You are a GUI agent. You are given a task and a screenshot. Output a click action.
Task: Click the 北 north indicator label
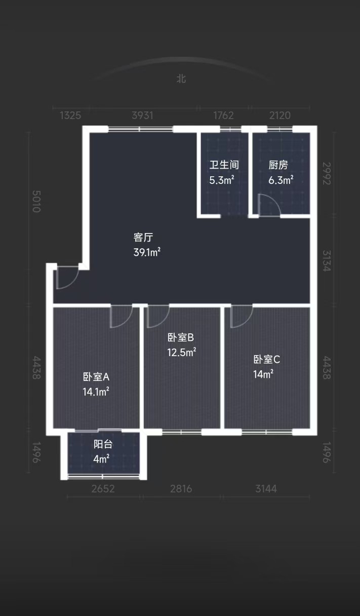tap(181, 79)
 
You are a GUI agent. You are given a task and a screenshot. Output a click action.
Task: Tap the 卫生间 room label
tap(224, 165)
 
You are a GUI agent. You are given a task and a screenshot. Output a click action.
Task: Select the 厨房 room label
tap(278, 165)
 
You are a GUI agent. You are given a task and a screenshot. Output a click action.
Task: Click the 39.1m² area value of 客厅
tap(147, 252)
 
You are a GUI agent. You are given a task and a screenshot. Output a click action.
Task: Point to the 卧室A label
tap(96, 377)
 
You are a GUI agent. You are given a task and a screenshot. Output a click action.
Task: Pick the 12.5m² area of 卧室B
tap(182, 352)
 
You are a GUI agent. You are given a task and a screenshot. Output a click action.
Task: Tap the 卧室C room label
tap(266, 360)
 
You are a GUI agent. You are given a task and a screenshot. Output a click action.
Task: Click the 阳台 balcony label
tap(103, 444)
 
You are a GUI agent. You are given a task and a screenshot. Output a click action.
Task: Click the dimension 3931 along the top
tap(142, 115)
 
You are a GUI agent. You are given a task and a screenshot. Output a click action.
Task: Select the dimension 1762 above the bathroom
tap(223, 115)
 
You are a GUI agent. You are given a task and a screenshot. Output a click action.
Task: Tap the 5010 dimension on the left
tap(36, 201)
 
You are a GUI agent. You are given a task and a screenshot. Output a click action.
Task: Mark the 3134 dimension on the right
tap(326, 261)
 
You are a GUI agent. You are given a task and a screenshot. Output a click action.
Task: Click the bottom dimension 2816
tap(181, 489)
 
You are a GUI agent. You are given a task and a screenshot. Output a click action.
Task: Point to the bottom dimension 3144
tap(266, 489)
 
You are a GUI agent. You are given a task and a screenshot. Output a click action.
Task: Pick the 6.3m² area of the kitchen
tap(281, 180)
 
